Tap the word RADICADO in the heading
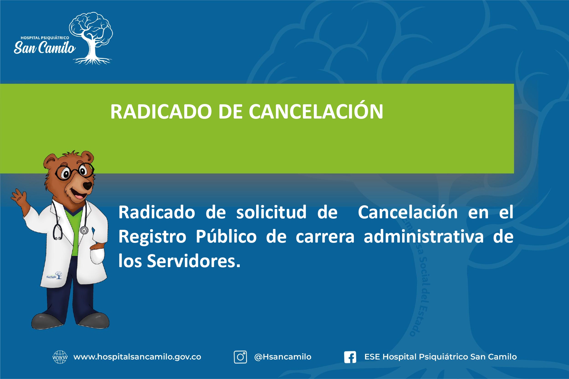pyautogui.click(x=161, y=112)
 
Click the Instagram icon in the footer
pyautogui.click(x=240, y=357)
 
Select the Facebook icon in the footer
pyautogui.click(x=350, y=357)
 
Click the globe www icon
pyautogui.click(x=60, y=357)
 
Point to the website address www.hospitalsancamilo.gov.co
pyautogui.click(x=137, y=357)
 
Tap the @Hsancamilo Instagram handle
pyautogui.click(x=283, y=357)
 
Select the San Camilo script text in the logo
pyautogui.click(x=44, y=48)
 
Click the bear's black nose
pyautogui.click(x=88, y=185)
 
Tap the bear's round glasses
pyautogui.click(x=74, y=172)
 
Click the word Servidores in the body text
pyautogui.click(x=194, y=261)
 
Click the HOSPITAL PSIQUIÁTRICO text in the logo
pyautogui.click(x=45, y=38)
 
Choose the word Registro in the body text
pyautogui.click(x=152, y=237)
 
